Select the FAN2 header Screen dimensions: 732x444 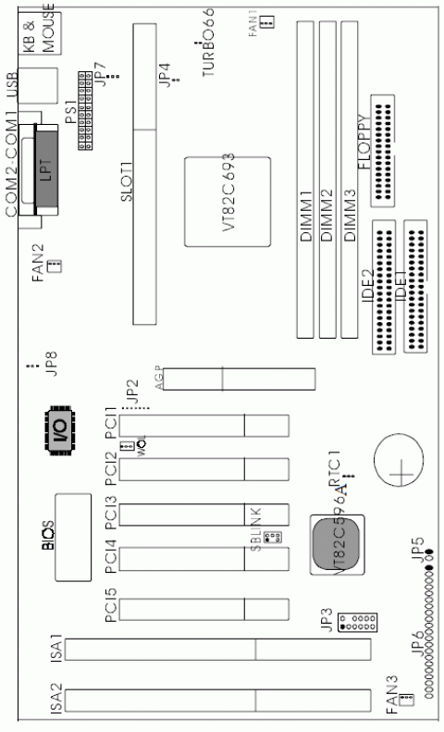pyautogui.click(x=54, y=267)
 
